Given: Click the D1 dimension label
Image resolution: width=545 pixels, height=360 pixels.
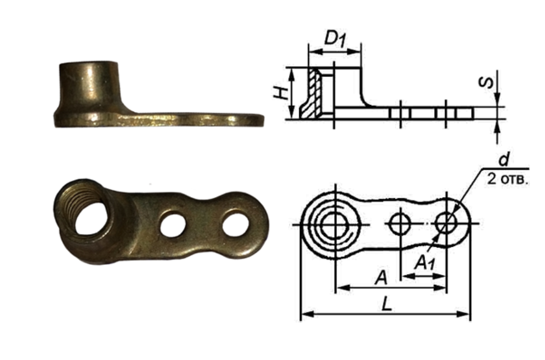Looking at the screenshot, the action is pyautogui.click(x=335, y=39).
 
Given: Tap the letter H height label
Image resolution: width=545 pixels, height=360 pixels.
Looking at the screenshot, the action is pyautogui.click(x=281, y=93).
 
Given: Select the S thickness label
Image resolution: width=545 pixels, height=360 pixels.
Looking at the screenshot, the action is pyautogui.click(x=486, y=83).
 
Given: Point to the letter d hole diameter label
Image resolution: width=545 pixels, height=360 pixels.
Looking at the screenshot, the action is pyautogui.click(x=504, y=160).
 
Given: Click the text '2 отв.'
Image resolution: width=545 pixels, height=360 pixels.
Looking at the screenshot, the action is pyautogui.click(x=508, y=180).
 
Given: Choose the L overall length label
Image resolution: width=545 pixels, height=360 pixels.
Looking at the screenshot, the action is pyautogui.click(x=387, y=305).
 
